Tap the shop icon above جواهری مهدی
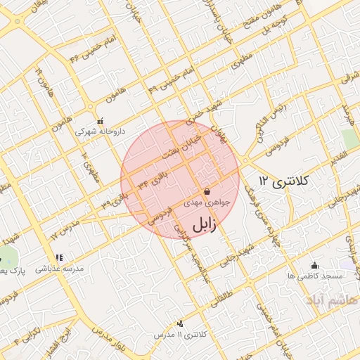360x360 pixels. [x=207, y=191]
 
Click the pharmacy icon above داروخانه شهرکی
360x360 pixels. [x=99, y=120]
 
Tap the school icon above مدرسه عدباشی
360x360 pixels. [x=59, y=258]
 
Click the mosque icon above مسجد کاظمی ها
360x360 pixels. [x=314, y=265]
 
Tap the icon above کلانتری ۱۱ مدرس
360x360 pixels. [x=181, y=324]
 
